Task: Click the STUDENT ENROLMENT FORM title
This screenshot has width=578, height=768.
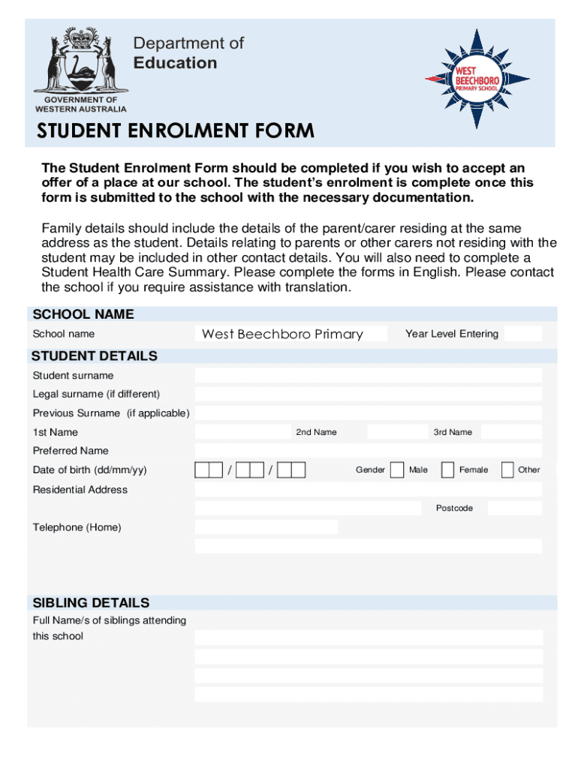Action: pyautogui.click(x=176, y=132)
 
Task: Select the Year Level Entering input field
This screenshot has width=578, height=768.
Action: pyautogui.click(x=522, y=334)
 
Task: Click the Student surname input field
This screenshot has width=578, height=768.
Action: pyautogui.click(x=368, y=376)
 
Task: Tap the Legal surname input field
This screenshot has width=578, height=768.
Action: pyautogui.click(x=368, y=394)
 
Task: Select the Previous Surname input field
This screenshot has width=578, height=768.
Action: pyautogui.click(x=368, y=413)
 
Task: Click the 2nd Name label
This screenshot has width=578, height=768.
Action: pyautogui.click(x=316, y=432)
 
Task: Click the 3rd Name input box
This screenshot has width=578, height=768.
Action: pyautogui.click(x=510, y=432)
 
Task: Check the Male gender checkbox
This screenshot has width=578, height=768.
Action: pyautogui.click(x=397, y=470)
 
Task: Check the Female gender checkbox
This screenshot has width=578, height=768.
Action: pyautogui.click(x=447, y=470)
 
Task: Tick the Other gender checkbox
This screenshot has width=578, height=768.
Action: pyautogui.click(x=507, y=470)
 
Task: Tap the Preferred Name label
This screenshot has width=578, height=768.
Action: pyautogui.click(x=71, y=451)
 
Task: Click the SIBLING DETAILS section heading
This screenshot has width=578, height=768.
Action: pyautogui.click(x=91, y=603)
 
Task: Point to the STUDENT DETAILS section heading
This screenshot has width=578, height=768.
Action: pyautogui.click(x=95, y=356)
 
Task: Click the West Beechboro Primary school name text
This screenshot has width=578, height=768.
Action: pyautogui.click(x=282, y=334)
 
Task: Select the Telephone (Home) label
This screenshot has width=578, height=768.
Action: pyautogui.click(x=77, y=527)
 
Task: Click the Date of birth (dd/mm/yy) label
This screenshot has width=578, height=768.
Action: pyautogui.click(x=89, y=470)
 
